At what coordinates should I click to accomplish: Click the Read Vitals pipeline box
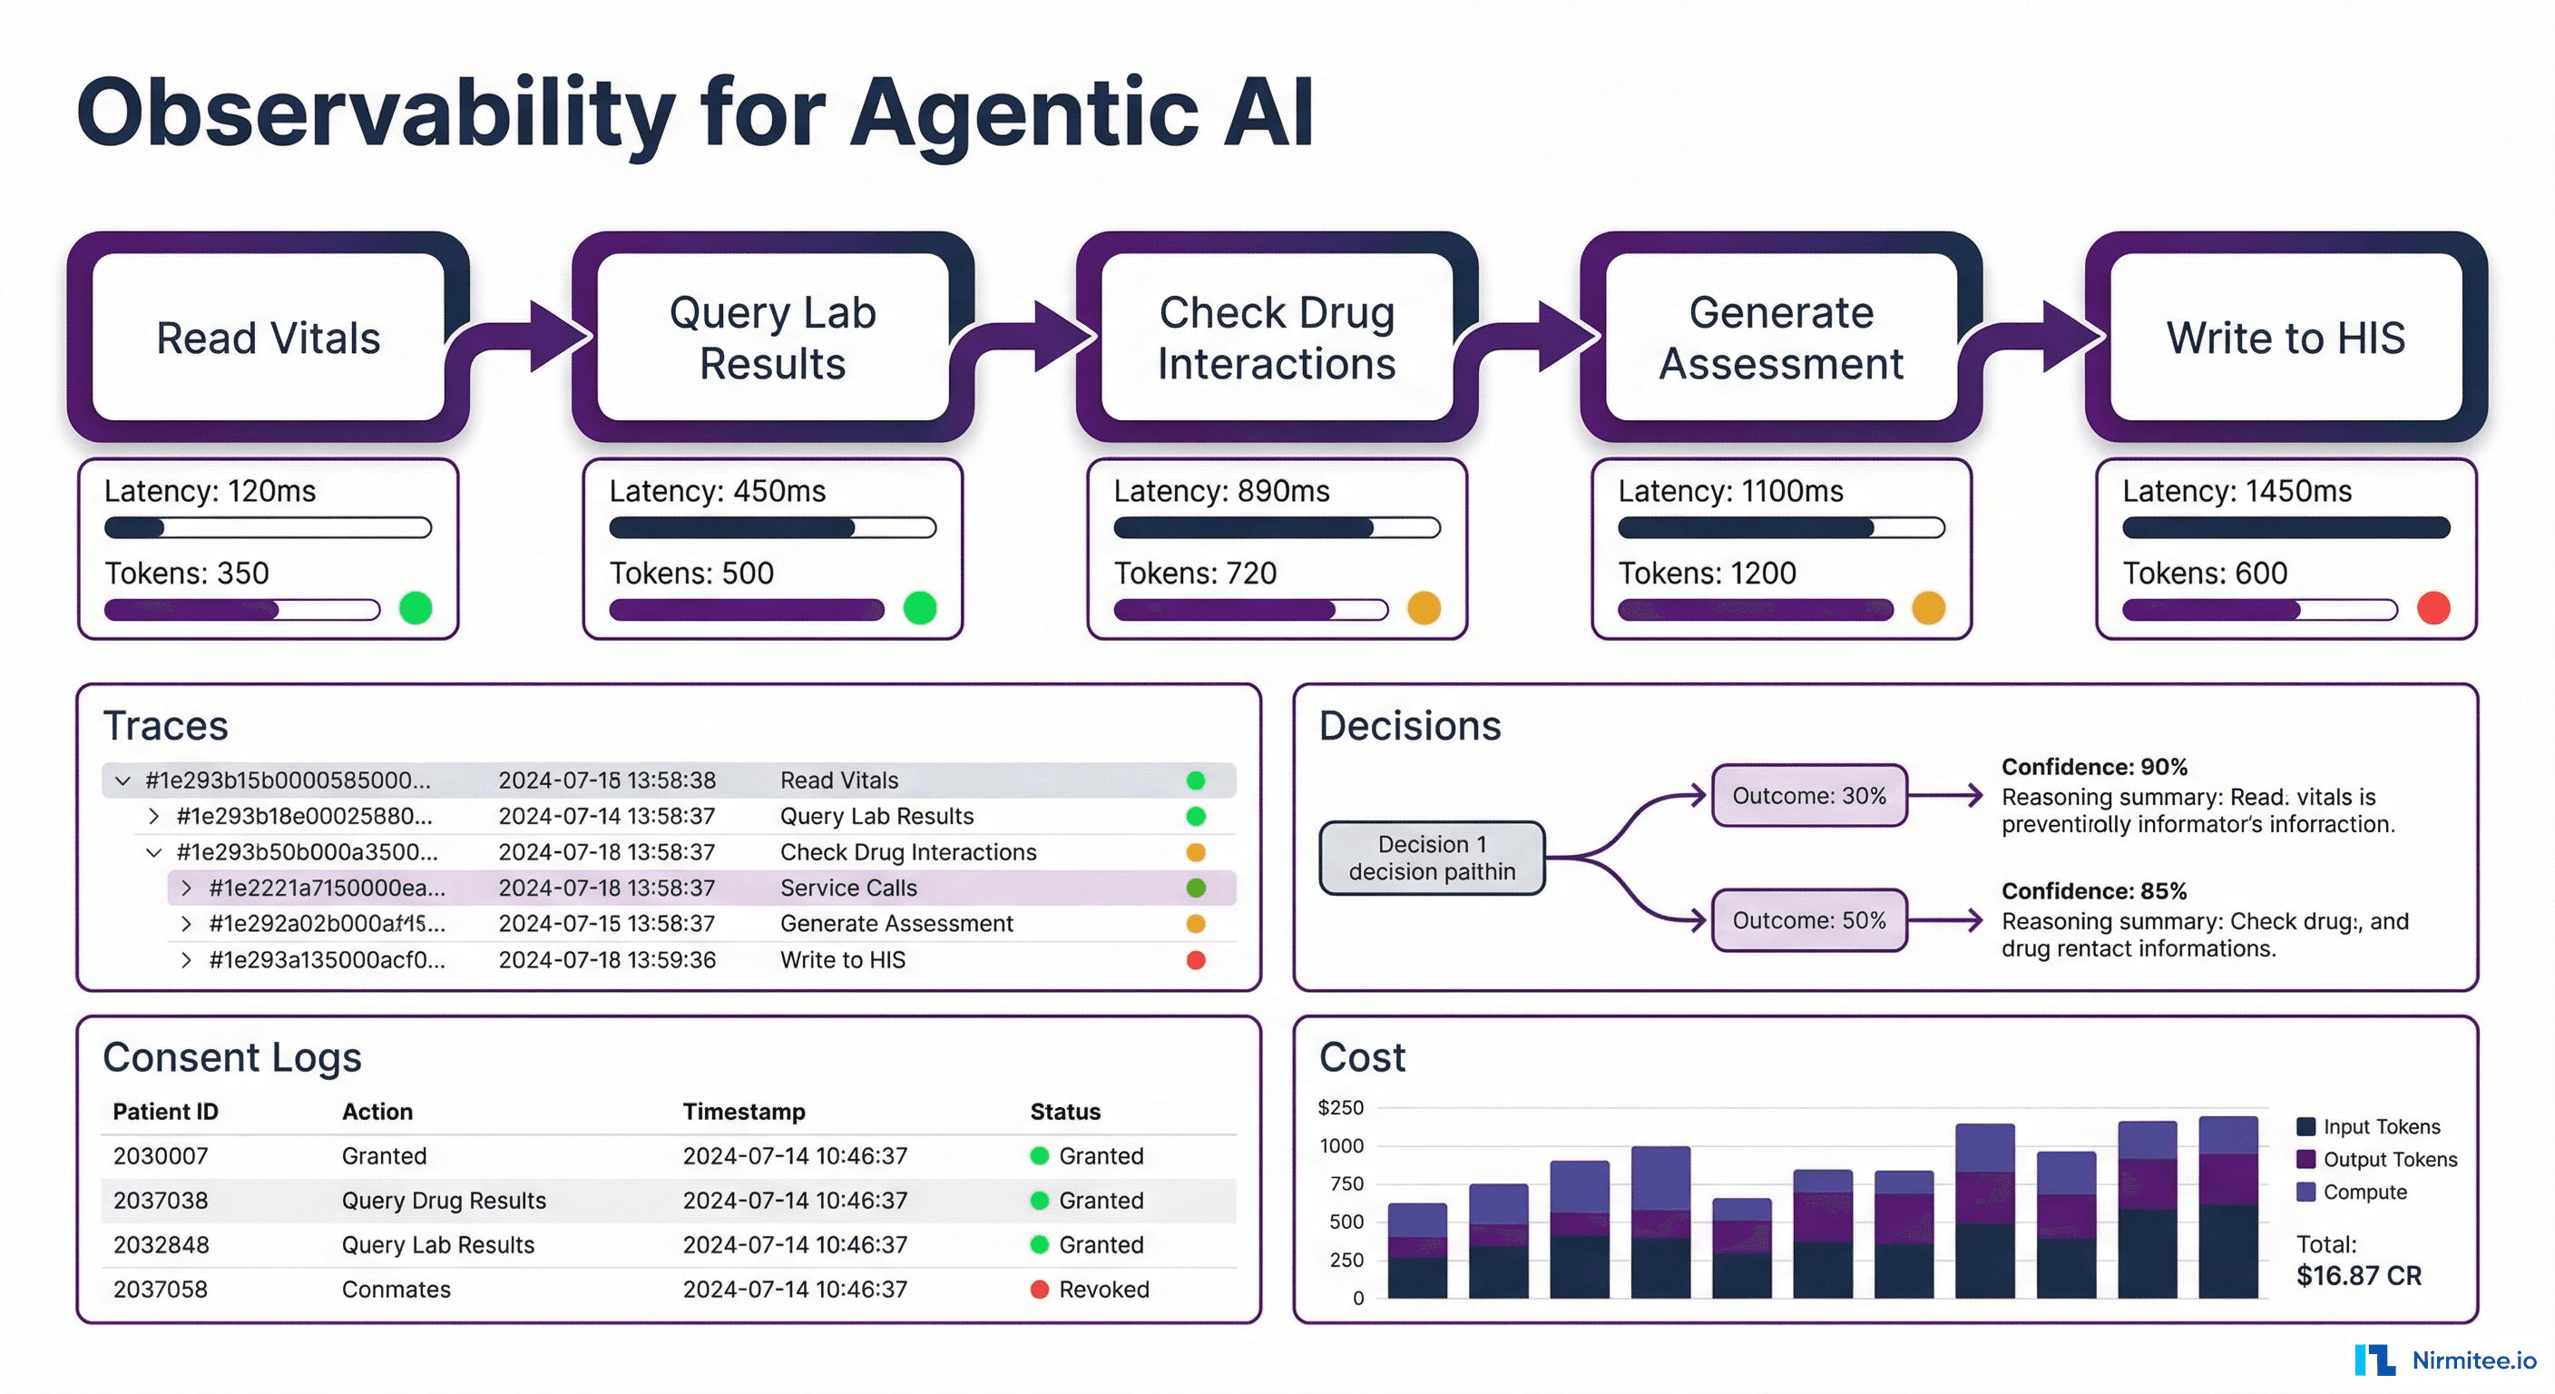pyautogui.click(x=268, y=338)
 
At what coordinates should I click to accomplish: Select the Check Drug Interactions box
pyautogui.click(x=1277, y=338)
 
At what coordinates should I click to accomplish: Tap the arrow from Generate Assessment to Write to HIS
pyautogui.click(x=2033, y=338)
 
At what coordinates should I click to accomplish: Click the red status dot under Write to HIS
pyautogui.click(x=2433, y=607)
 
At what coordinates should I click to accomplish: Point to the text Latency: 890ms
pyautogui.click(x=1221, y=491)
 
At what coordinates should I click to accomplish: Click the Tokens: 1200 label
pyautogui.click(x=1706, y=573)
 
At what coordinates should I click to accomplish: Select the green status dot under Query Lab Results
pyautogui.click(x=919, y=607)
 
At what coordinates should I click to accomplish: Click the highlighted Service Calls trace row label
pyautogui.click(x=848, y=887)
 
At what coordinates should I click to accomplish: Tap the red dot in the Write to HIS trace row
pyautogui.click(x=1195, y=959)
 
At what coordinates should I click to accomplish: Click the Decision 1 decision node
pyautogui.click(x=1431, y=858)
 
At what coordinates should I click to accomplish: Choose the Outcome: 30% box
pyautogui.click(x=1808, y=795)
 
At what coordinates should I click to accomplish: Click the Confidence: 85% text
pyautogui.click(x=2093, y=890)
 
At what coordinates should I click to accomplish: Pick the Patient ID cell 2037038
pyautogui.click(x=161, y=1200)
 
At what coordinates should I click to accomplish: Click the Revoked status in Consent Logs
pyautogui.click(x=1102, y=1289)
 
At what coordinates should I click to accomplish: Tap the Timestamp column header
pyautogui.click(x=743, y=1111)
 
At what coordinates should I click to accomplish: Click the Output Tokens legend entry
pyautogui.click(x=2388, y=1159)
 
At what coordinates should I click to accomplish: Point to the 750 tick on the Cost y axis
pyautogui.click(x=1346, y=1183)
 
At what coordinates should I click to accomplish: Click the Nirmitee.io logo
pyautogui.click(x=2445, y=1360)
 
